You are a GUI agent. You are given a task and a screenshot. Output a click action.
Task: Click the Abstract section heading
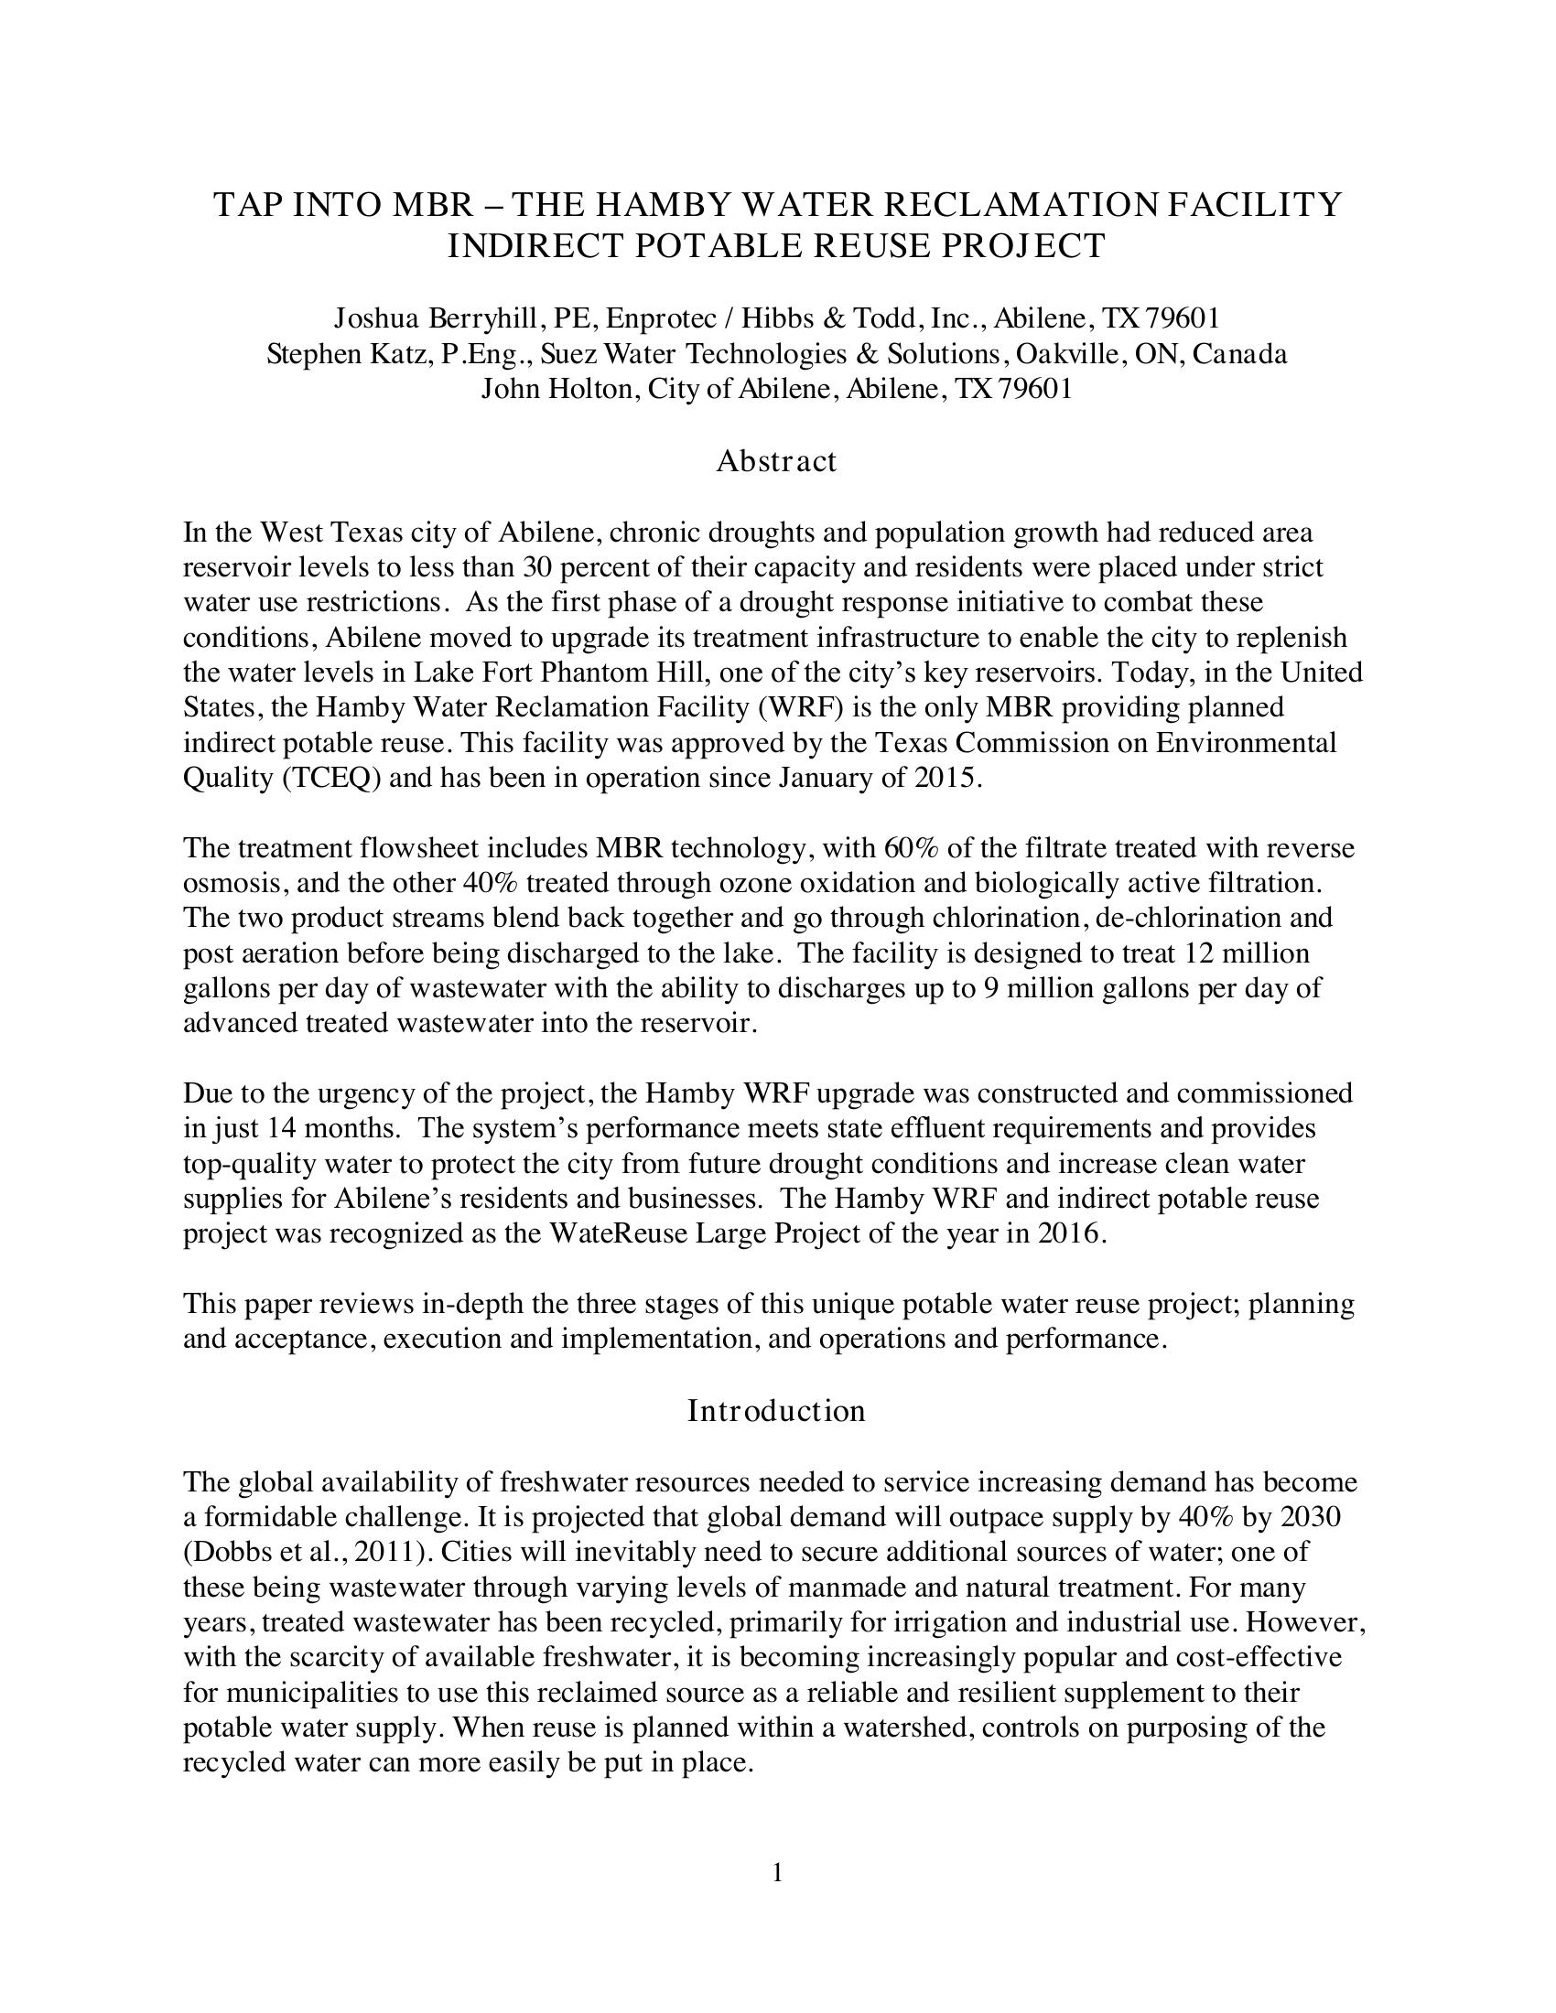point(776,461)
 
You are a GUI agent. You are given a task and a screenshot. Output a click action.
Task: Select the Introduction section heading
point(776,1410)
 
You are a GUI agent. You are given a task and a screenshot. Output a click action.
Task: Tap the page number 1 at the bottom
point(777,1872)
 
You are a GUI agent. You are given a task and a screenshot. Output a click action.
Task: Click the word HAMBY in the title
point(660,205)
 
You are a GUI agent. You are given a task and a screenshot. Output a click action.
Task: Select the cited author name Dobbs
point(226,1552)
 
